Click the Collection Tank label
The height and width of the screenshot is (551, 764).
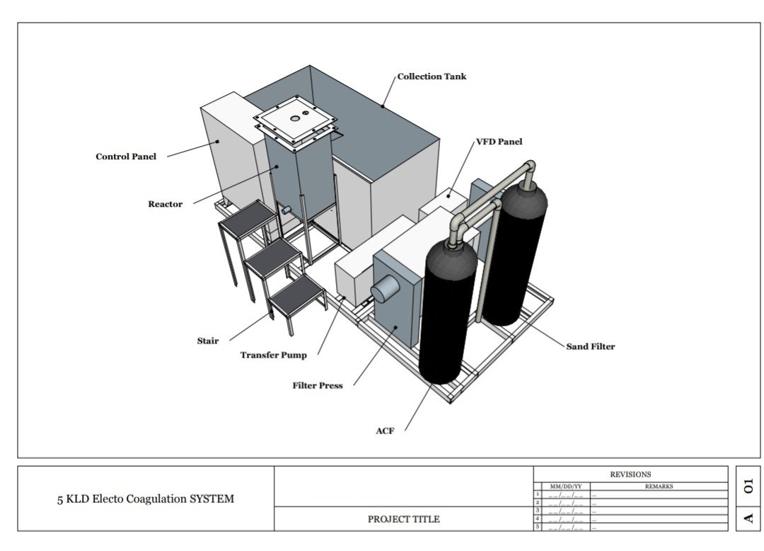[432, 76]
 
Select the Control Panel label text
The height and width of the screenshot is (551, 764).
[126, 157]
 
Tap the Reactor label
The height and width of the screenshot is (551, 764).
[165, 204]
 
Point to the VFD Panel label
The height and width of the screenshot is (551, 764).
[499, 142]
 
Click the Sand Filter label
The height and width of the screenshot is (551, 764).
[591, 347]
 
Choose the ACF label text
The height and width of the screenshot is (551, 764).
[385, 431]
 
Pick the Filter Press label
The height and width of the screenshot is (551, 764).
[318, 386]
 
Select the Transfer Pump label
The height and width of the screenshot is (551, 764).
[273, 355]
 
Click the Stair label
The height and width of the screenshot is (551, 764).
[208, 341]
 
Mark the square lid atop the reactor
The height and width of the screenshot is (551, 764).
[295, 118]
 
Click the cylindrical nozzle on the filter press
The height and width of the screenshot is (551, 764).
[385, 289]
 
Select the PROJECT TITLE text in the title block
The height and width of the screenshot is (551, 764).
[403, 519]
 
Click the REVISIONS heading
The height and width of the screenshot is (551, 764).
[630, 475]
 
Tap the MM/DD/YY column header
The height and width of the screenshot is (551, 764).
[566, 487]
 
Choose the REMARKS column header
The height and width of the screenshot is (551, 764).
[659, 487]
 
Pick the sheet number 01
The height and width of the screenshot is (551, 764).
[748, 486]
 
